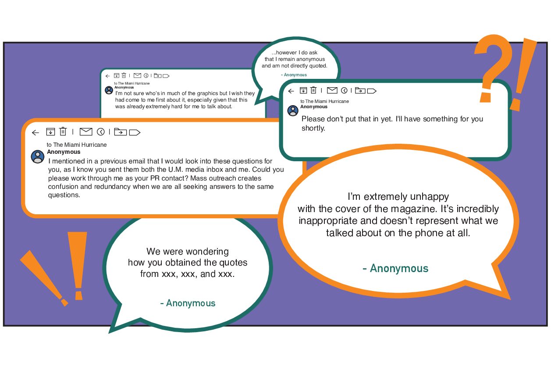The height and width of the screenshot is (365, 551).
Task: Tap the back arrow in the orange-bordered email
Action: pyautogui.click(x=36, y=133)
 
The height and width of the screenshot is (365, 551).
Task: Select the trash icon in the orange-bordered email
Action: pyautogui.click(x=63, y=131)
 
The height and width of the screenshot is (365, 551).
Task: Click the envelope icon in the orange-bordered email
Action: pyautogui.click(x=86, y=132)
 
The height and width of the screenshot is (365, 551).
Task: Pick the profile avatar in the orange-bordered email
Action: pyautogui.click(x=38, y=157)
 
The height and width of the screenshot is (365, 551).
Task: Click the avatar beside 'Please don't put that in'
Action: pyautogui.click(x=293, y=111)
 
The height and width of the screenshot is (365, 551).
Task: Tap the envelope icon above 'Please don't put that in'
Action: pyautogui.click(x=332, y=91)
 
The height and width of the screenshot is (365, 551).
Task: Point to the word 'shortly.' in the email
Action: pyautogui.click(x=313, y=128)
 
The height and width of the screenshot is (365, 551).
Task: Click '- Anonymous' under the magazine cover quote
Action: pyautogui.click(x=395, y=268)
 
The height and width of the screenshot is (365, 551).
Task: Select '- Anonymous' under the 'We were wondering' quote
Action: pyautogui.click(x=188, y=303)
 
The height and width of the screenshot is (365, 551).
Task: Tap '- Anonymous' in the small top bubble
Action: pyautogui.click(x=294, y=75)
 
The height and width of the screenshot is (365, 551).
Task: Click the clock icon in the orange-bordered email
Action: pyautogui.click(x=101, y=132)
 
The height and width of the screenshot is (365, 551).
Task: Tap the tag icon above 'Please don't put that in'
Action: pyautogui.click(x=372, y=91)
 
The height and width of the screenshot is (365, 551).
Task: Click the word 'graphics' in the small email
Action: pyautogui.click(x=208, y=93)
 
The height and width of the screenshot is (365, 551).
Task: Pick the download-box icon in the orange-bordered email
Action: pyautogui.click(x=50, y=132)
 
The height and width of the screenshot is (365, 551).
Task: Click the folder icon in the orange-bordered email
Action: pyautogui.click(x=120, y=132)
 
